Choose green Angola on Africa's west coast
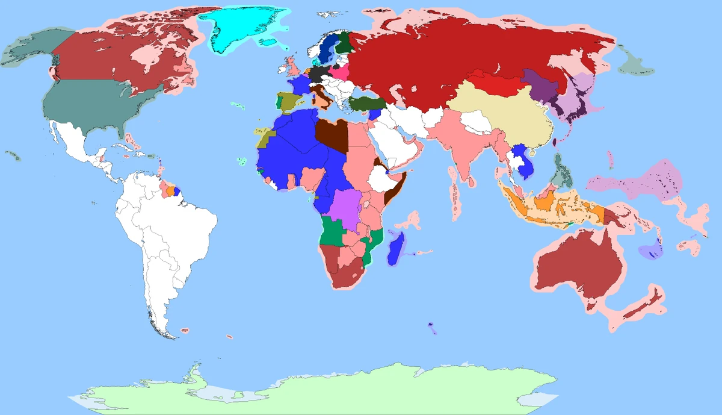(330, 232)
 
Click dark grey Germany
(317, 76)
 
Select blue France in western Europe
(297, 85)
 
